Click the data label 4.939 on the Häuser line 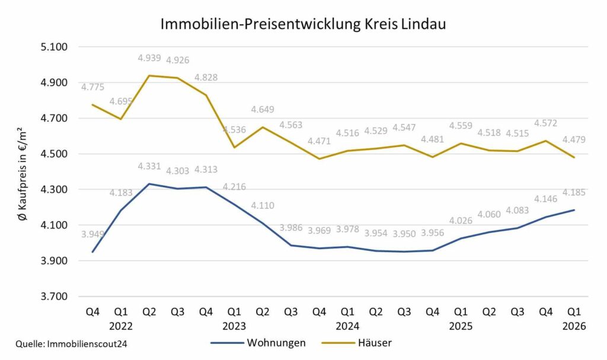tap(149, 58)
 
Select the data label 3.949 tap(92, 234)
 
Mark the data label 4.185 tap(574, 192)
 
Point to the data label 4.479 tap(574, 139)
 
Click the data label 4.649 tap(263, 110)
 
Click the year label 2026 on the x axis tap(574, 326)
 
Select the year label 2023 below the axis tap(234, 326)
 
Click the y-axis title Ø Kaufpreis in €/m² tap(22, 174)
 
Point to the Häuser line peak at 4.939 tap(149, 75)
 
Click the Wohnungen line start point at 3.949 tap(92, 252)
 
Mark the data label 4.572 tap(546, 123)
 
